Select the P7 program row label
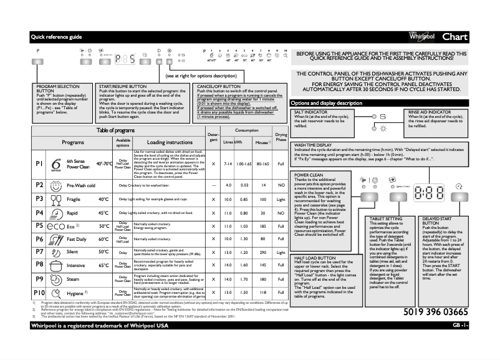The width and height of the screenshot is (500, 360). pos(39,251)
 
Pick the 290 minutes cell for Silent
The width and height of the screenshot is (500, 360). pos(263,251)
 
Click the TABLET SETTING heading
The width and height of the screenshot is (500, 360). pos(385,220)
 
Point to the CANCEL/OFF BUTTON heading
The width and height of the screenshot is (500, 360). pos(219,85)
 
